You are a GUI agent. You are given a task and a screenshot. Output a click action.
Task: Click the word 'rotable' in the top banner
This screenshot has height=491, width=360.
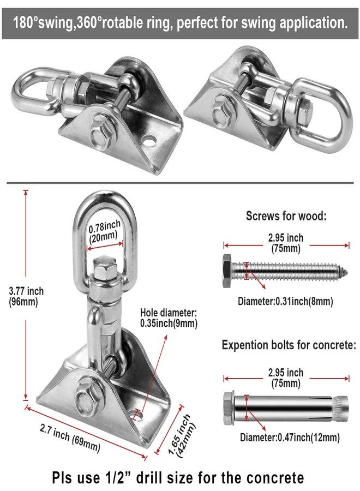coord(123,23)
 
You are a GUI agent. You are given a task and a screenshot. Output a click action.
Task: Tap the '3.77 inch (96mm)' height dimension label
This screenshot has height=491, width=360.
coord(26,297)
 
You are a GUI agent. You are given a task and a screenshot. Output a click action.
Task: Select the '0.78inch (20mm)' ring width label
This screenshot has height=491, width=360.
coord(104,232)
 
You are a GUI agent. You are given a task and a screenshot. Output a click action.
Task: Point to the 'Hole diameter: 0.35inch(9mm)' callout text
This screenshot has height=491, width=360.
coord(169,318)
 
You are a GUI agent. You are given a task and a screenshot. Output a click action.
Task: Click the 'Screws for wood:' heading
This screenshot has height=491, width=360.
coord(286,215)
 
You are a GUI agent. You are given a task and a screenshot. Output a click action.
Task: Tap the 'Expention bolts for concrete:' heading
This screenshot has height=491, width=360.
coord(289,345)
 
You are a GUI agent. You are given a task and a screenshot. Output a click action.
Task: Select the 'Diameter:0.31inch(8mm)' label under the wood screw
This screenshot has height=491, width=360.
coord(285,301)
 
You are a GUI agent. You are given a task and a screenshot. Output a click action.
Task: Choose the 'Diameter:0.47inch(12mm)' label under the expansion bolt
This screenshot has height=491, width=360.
coord(290,437)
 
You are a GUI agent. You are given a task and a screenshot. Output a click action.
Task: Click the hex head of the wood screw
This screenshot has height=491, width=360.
coord(227,271)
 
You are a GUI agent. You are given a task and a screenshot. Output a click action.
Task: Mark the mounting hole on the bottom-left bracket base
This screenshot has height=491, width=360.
coord(136,416)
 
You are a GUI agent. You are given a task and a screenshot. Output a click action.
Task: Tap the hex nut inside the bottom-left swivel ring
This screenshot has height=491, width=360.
coord(105,268)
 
